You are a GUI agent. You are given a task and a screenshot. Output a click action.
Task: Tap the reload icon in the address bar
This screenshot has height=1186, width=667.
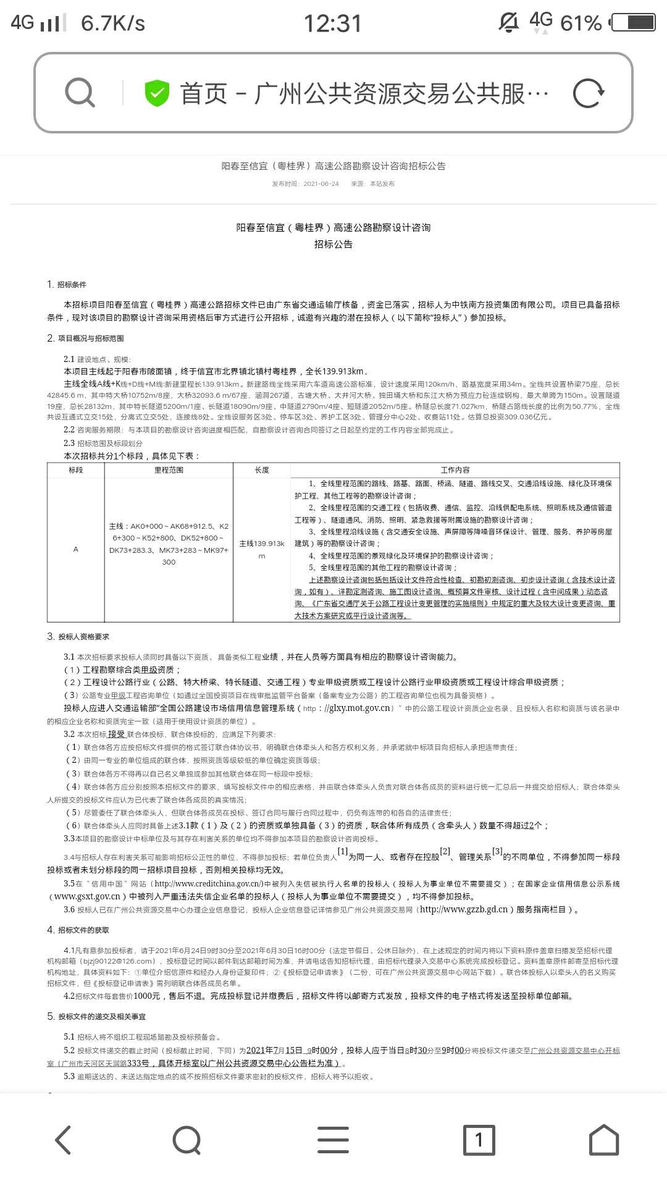589,93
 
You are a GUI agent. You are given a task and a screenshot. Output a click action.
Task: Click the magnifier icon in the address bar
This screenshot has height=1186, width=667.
80,93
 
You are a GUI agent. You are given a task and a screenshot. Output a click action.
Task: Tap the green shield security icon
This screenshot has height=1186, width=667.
157,93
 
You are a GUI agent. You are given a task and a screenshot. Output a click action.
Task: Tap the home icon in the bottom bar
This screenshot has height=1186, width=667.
603,1140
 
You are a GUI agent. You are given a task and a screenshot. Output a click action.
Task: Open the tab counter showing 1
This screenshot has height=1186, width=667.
479,1140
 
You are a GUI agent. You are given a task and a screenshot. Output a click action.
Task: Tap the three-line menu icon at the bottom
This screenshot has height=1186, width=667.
333,1140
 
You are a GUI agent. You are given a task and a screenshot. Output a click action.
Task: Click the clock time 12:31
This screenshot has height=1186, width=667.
332,23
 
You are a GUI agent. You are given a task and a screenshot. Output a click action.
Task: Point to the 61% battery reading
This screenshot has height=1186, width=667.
581,23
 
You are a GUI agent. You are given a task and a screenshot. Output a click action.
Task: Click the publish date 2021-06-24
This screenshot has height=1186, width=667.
321,184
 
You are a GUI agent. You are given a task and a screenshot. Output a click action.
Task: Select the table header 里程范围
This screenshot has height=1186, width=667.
169,470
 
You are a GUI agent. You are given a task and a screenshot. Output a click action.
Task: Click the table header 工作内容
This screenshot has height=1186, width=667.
455,470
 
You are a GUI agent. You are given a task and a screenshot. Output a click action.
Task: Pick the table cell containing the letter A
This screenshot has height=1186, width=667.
76,549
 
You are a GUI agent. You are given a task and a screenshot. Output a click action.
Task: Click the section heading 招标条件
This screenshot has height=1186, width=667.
72,285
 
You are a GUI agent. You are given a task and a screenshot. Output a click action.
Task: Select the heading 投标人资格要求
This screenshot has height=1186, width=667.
83,637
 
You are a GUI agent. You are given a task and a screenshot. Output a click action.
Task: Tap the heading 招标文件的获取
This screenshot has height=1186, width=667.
83,930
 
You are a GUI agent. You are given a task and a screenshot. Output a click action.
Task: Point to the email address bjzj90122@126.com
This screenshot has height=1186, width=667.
120,961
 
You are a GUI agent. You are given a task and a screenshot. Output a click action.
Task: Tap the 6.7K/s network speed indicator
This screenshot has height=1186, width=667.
113,23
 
